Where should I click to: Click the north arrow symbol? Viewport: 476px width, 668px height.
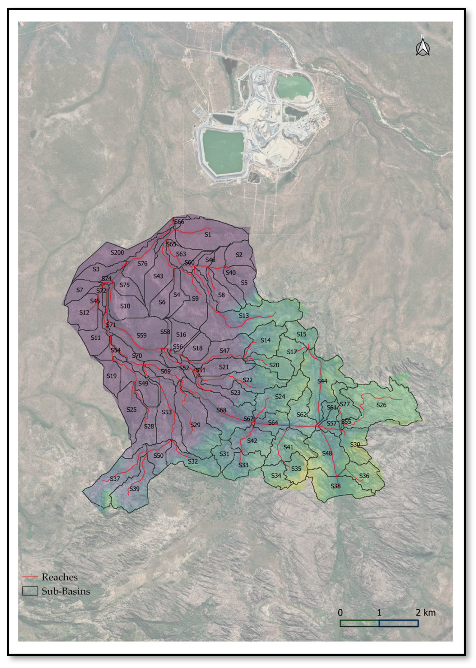coord(423,47)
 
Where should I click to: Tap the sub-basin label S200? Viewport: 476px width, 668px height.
coord(117,252)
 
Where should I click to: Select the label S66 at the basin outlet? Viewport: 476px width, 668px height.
coord(179,222)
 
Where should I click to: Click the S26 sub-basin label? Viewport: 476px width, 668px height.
coord(381,405)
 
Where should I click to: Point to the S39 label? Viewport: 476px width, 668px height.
coord(134,489)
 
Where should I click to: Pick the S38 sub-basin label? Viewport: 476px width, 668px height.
coord(335,486)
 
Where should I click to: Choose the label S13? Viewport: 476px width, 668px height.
coord(244,316)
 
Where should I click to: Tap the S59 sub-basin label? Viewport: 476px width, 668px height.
coord(141,335)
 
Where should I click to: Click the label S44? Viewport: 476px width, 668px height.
coord(322,381)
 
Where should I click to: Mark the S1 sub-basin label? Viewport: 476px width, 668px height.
coord(208,235)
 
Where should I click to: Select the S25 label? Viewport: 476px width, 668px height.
coord(131,409)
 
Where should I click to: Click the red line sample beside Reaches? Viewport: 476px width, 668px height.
coord(30,577)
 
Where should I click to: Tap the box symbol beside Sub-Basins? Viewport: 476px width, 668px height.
coord(30,591)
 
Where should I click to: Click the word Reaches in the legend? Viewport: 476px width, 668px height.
coord(60,577)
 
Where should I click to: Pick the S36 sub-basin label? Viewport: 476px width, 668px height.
coord(364,476)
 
